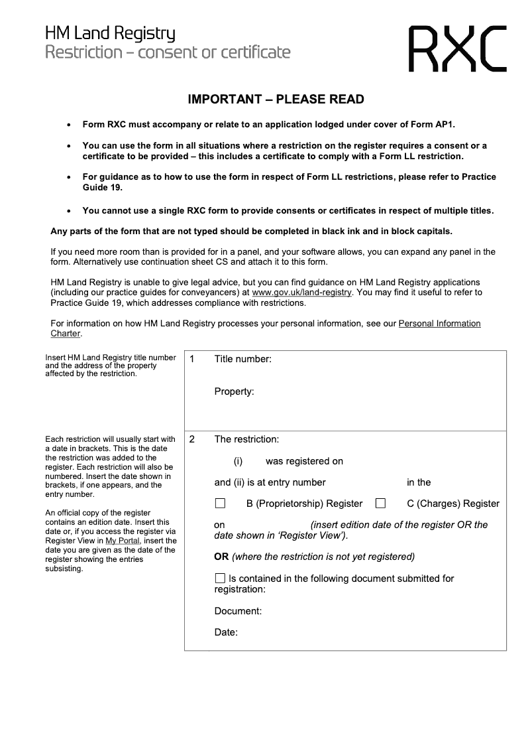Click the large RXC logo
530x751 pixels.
coord(457,48)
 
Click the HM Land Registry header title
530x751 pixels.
coord(110,33)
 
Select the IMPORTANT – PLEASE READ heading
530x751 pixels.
coord(276,100)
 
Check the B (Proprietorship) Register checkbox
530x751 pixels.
coord(220,504)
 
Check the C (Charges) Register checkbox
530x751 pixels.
coord(380,504)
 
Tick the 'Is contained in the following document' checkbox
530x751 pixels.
coord(220,579)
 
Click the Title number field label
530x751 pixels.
coord(242,359)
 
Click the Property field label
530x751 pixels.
coord(234,391)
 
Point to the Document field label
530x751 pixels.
coord(238,611)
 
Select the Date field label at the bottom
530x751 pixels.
coord(226,632)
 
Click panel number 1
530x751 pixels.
coord(191,359)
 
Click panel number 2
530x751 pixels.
coord(191,439)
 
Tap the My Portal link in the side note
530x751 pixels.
coord(119,541)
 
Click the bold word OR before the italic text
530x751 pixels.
coord(221,557)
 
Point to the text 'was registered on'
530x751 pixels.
coord(304,461)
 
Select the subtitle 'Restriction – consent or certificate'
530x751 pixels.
coord(168,52)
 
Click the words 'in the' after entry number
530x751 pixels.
coord(419,482)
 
